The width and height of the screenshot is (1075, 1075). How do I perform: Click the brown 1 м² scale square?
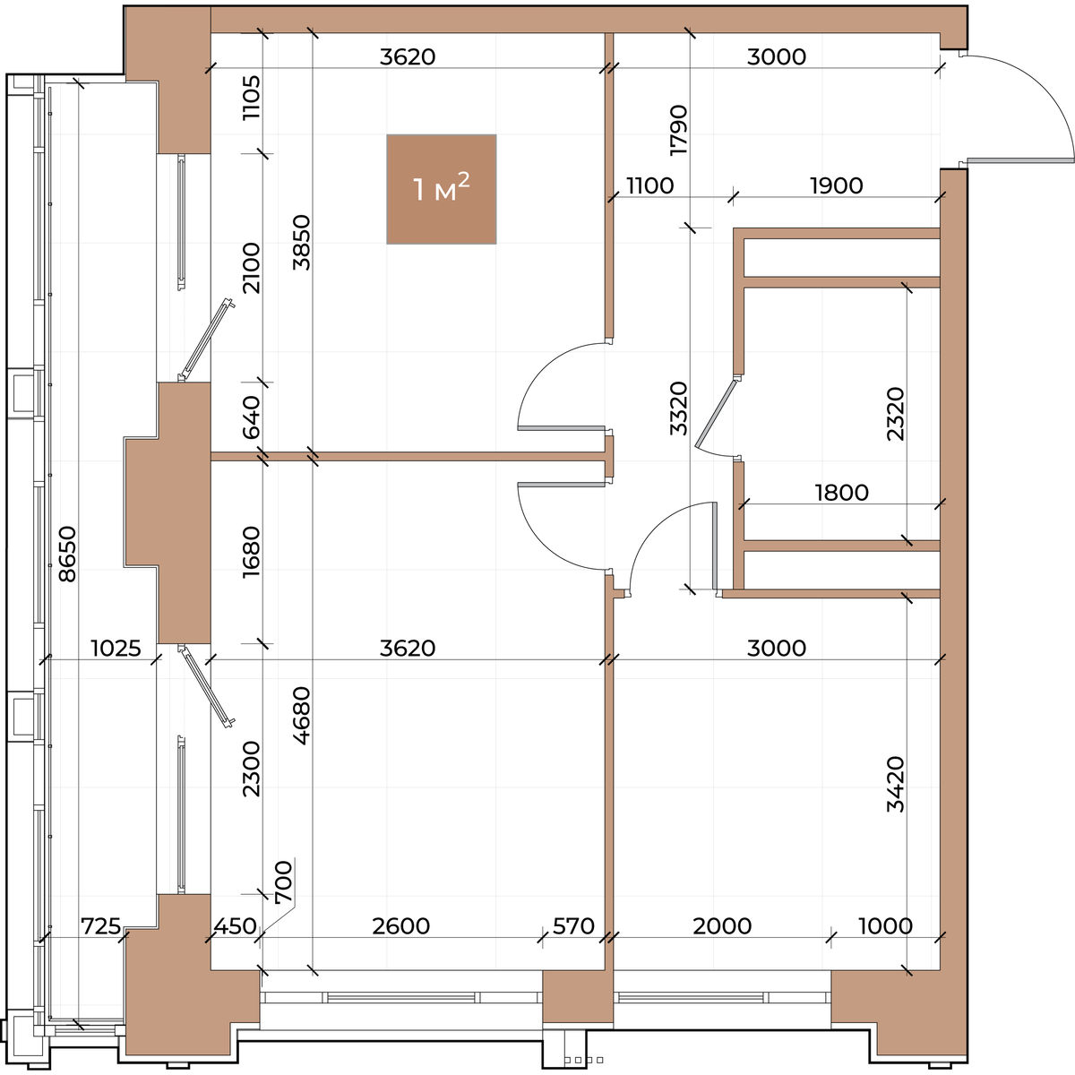click(x=442, y=189)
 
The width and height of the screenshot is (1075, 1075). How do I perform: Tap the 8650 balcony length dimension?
click(x=67, y=554)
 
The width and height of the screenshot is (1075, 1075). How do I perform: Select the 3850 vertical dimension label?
click(x=301, y=242)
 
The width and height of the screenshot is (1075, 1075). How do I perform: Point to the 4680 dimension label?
click(x=301, y=715)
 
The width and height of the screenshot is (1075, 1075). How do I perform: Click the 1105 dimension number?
click(x=252, y=97)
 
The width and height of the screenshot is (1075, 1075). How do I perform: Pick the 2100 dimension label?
click(x=252, y=268)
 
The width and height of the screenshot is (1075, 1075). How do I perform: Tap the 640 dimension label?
click(x=252, y=417)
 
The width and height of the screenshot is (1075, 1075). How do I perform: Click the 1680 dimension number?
click(x=252, y=551)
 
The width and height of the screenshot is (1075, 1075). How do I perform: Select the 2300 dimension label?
click(x=252, y=769)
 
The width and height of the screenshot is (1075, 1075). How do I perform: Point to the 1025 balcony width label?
click(x=116, y=649)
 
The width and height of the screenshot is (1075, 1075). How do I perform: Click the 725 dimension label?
click(x=101, y=926)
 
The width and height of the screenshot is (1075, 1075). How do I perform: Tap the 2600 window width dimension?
click(x=401, y=926)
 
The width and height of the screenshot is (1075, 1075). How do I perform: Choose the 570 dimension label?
click(x=573, y=926)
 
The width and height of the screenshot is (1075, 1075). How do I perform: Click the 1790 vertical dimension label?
click(x=679, y=130)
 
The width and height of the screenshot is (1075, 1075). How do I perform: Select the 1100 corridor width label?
click(x=649, y=185)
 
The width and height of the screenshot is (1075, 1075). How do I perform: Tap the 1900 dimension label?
click(x=837, y=185)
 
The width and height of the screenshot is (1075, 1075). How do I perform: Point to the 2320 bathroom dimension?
click(x=895, y=414)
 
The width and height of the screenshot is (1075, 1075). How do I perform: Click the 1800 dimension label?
click(x=842, y=493)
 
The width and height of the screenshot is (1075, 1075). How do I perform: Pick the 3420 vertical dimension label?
click(x=895, y=784)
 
